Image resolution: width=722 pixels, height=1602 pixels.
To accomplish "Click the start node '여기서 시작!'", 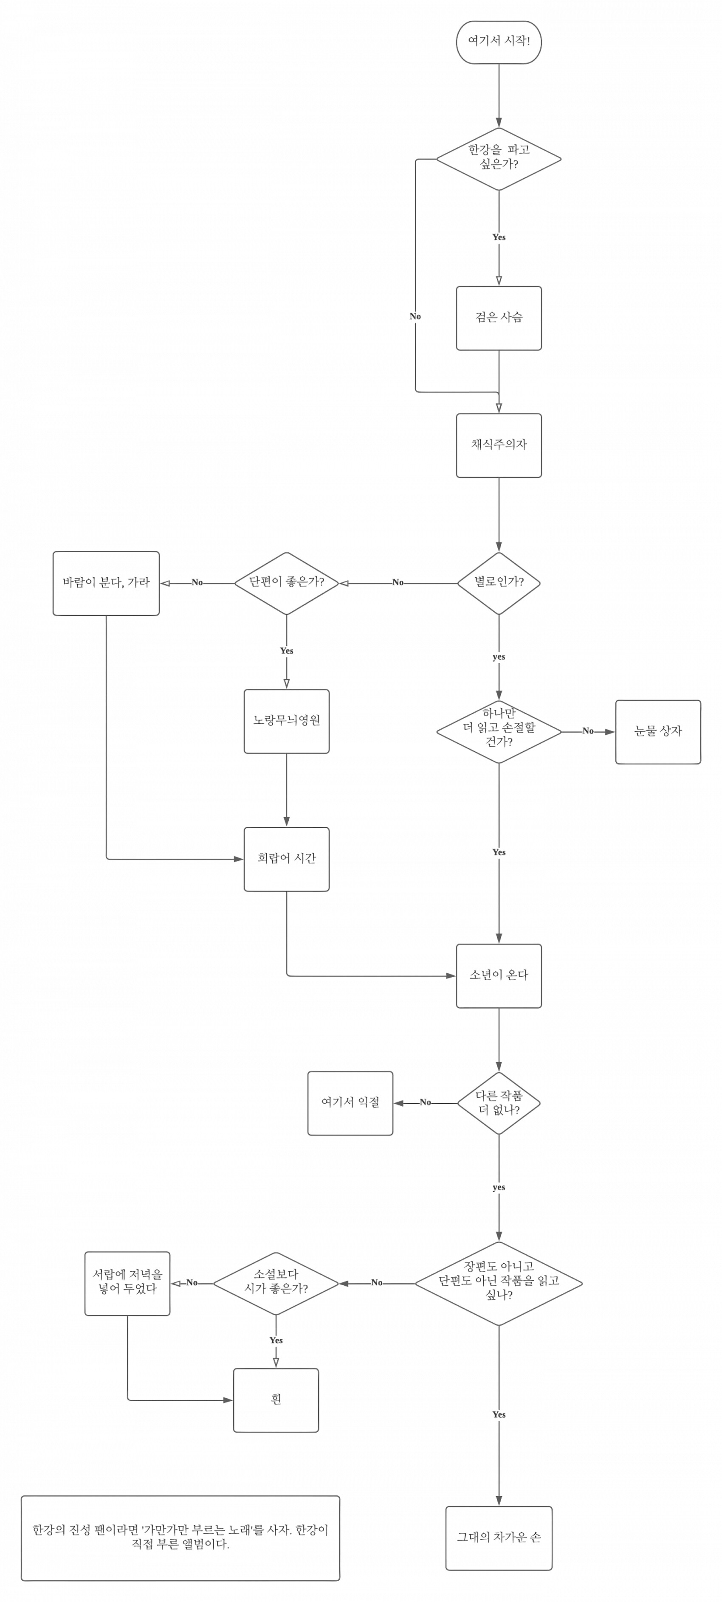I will (499, 42).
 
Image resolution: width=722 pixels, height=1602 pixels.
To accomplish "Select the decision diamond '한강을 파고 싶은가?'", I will (499, 159).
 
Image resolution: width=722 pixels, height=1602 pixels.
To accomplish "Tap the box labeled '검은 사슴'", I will (499, 318).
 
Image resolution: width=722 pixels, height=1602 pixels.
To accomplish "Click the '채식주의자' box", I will (499, 445).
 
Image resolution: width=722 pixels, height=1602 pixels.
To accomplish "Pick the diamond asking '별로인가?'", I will (499, 583).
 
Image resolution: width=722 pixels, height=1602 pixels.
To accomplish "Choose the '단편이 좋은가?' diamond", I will (286, 583).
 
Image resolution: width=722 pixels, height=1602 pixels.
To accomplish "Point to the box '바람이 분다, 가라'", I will (106, 583).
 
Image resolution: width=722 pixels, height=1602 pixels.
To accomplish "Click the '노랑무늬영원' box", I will (286, 721).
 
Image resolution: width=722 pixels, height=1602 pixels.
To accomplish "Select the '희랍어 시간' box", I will (286, 859).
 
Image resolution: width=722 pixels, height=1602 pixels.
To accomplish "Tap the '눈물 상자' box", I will (658, 731).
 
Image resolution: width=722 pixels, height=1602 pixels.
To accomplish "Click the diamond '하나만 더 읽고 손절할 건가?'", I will (499, 731).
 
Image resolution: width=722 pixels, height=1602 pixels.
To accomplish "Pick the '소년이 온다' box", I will (499, 975).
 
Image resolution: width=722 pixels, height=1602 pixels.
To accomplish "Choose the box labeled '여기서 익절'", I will (350, 1103).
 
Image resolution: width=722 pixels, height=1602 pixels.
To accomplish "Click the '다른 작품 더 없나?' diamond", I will (499, 1103).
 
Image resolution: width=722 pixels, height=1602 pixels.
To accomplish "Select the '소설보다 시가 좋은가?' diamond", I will (276, 1283).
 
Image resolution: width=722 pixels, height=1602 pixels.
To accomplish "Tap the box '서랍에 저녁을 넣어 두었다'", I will (127, 1283).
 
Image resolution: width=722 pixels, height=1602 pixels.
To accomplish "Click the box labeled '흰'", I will (276, 1400).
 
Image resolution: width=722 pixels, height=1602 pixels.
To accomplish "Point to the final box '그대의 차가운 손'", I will (499, 1537).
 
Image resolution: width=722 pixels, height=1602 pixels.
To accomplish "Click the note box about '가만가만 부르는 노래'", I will (180, 1537).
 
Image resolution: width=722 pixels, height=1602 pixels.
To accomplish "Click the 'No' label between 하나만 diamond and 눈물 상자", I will (587, 731).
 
